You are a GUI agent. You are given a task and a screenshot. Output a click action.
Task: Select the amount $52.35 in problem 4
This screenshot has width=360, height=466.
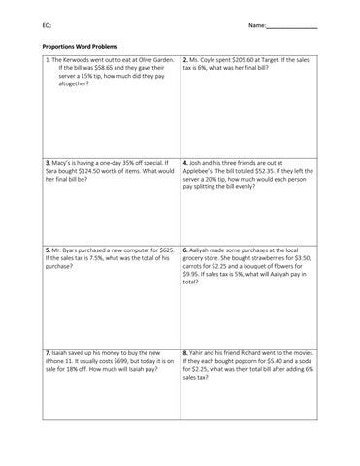point(277,170)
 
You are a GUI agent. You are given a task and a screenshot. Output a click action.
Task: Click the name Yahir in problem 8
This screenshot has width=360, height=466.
point(201,350)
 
